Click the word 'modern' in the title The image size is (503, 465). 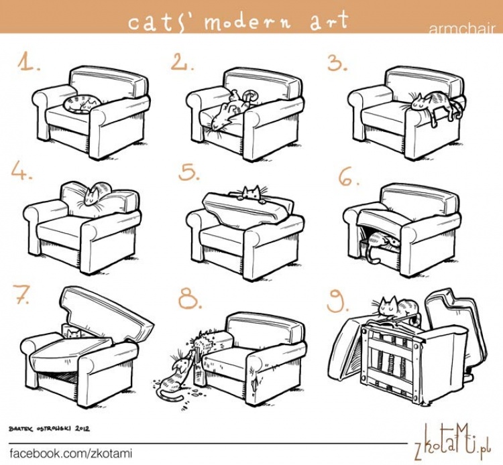click(247, 22)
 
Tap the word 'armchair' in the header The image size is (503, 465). click(462, 29)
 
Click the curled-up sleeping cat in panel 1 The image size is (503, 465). click(82, 103)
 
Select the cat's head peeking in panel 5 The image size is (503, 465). click(251, 192)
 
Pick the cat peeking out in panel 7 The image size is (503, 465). click(74, 333)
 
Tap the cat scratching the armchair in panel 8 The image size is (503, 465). click(175, 375)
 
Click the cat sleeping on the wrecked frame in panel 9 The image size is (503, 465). click(398, 308)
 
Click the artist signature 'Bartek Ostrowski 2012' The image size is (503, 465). click(50, 428)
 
